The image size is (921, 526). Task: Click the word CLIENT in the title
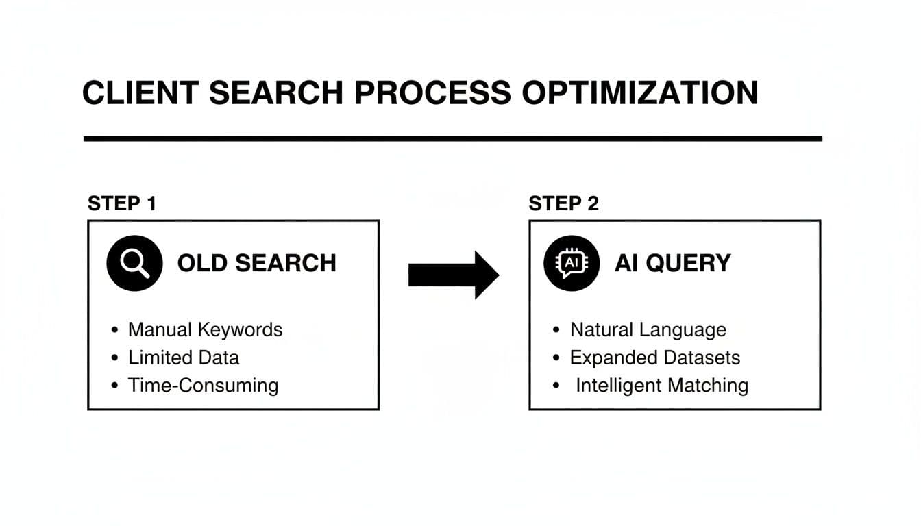point(140,93)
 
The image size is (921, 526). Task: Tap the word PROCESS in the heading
point(432,93)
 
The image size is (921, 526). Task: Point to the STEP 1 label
point(122,203)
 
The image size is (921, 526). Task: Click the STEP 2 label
point(563,203)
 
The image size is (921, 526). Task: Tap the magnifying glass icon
point(134,263)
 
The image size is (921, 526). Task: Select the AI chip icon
point(571,263)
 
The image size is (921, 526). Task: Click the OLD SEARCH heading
point(256,263)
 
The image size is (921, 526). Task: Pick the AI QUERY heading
point(672,263)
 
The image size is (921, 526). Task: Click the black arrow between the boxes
point(453,275)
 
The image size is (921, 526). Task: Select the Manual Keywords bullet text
point(205,329)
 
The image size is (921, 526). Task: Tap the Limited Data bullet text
point(184,358)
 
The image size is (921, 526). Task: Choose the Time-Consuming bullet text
point(203,385)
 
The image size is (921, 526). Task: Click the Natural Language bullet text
point(648,329)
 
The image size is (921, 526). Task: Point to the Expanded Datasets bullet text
point(654,358)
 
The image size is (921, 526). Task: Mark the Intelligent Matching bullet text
point(661,385)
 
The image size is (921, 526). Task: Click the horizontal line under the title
point(452,139)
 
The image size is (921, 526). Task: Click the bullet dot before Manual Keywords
point(114,330)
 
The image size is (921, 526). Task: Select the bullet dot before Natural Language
point(556,330)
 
